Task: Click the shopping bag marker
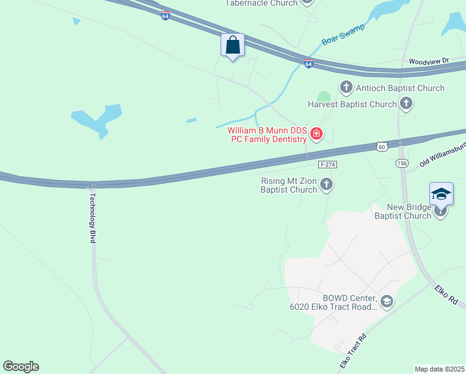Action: (x=232, y=46)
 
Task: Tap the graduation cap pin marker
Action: (x=440, y=194)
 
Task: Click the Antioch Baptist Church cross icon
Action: (x=346, y=88)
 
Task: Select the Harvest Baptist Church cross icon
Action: (x=406, y=104)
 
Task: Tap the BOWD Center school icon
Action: (x=386, y=302)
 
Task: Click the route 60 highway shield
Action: (x=381, y=146)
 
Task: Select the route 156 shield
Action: (x=402, y=163)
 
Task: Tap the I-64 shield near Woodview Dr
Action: (x=308, y=64)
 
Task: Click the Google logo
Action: (x=21, y=367)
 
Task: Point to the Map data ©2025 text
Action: (x=439, y=369)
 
